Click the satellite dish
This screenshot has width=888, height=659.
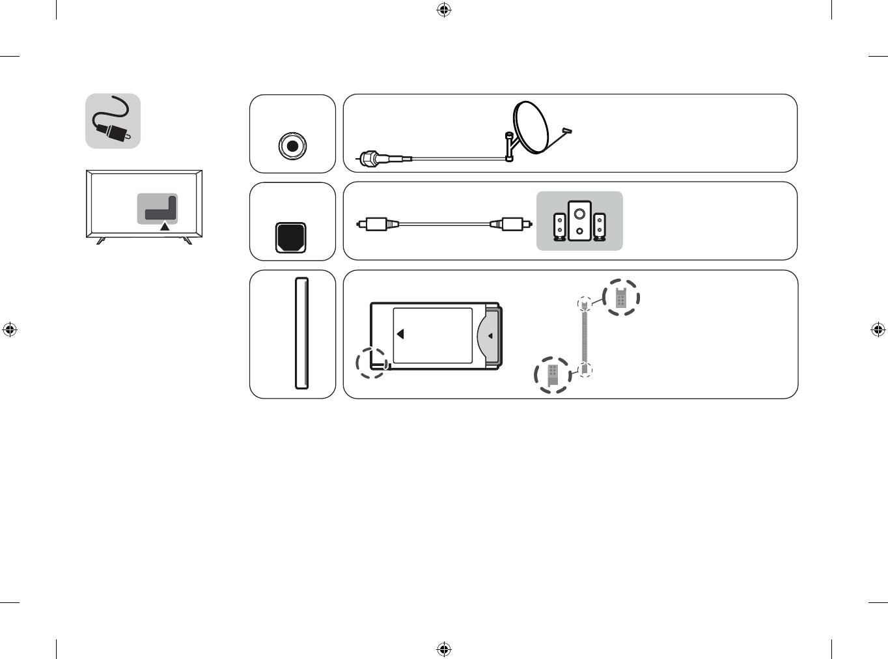pos(533,128)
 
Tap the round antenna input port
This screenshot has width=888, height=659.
pos(292,147)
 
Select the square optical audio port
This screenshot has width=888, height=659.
pos(291,238)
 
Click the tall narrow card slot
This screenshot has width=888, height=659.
pos(301,333)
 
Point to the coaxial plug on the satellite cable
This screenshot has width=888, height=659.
pos(368,158)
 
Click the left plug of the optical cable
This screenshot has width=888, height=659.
pos(376,224)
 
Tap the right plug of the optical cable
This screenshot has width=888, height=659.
pos(513,224)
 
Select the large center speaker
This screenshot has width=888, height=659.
pos(579,221)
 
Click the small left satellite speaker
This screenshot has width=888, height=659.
pos(559,227)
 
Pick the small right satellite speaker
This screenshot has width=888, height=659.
pos(600,227)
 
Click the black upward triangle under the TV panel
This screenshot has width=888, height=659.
pos(165,227)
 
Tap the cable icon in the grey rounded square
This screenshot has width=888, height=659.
pos(113,121)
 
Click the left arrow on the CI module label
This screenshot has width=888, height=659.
pos(400,334)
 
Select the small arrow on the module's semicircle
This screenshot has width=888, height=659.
pos(490,336)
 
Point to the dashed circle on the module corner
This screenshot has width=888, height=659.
pos(372,363)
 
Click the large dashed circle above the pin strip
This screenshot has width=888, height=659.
pos(621,298)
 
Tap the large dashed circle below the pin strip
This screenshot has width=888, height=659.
pos(553,375)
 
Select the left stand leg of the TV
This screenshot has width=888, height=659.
pos(100,241)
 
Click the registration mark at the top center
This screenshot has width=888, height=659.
pos(443,10)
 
